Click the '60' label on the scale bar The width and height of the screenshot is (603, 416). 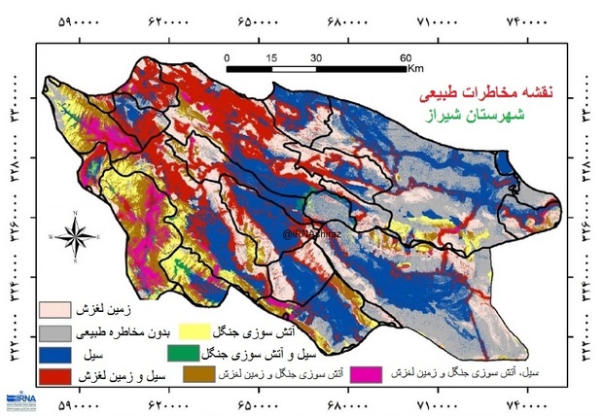point(406,56)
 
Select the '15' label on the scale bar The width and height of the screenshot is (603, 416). point(271,56)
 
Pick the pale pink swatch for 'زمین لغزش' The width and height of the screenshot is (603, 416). point(59,311)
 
